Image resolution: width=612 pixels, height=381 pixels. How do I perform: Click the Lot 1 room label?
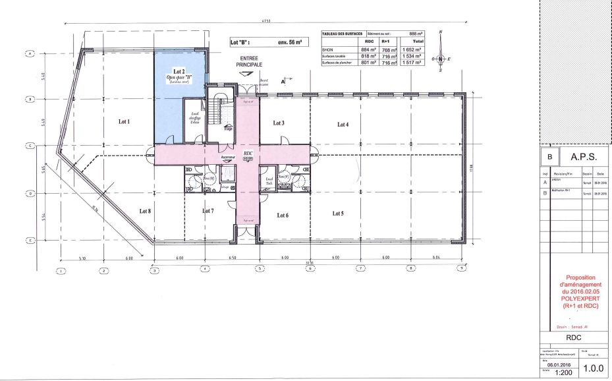pyautogui.click(x=124, y=121)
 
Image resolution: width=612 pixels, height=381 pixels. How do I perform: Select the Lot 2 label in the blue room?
pyautogui.click(x=179, y=71)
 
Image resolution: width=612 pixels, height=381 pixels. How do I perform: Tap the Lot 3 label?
pyautogui.click(x=279, y=123)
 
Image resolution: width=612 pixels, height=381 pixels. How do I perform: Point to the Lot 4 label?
pyautogui.click(x=343, y=124)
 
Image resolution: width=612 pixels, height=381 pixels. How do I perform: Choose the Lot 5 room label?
pyautogui.click(x=338, y=214)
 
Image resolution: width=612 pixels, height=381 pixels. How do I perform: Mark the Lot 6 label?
pyautogui.click(x=283, y=215)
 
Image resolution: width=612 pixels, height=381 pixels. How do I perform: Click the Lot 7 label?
pyautogui.click(x=208, y=211)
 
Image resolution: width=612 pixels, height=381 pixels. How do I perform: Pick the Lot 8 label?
pyautogui.click(x=145, y=211)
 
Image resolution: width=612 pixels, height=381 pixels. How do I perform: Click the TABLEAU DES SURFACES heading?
pyautogui.click(x=341, y=34)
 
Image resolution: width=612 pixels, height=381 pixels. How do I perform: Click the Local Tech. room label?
pyautogui.click(x=269, y=181)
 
